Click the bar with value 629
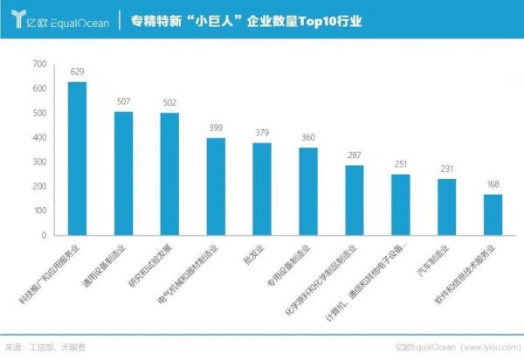click(78, 158)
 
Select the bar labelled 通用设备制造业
click(124, 173)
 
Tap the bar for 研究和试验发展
click(170, 174)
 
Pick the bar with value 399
click(217, 186)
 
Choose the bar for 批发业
click(262, 189)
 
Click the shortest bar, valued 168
click(493, 214)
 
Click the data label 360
click(308, 138)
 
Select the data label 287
click(355, 156)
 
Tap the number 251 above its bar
click(401, 164)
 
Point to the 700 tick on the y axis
click(40, 65)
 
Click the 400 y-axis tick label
click(40, 138)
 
